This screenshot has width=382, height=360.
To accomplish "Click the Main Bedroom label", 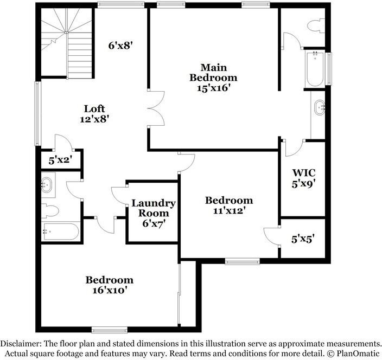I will coord(213,72).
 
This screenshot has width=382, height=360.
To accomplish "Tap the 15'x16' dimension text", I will coord(213,87).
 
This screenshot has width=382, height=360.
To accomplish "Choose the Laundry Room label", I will coord(154,208).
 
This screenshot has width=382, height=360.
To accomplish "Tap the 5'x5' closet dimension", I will coord(303,237).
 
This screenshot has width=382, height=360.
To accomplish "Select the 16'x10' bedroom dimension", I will coord(109,290).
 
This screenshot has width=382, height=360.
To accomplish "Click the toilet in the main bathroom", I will coord(315,24).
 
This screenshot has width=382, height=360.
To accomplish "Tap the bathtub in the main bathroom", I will coord(315,68).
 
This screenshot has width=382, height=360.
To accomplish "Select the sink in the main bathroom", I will coord(319,107).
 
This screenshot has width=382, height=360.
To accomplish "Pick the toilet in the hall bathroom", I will coord(49,210).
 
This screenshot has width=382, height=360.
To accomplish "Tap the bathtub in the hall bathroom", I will coord(61,232).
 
